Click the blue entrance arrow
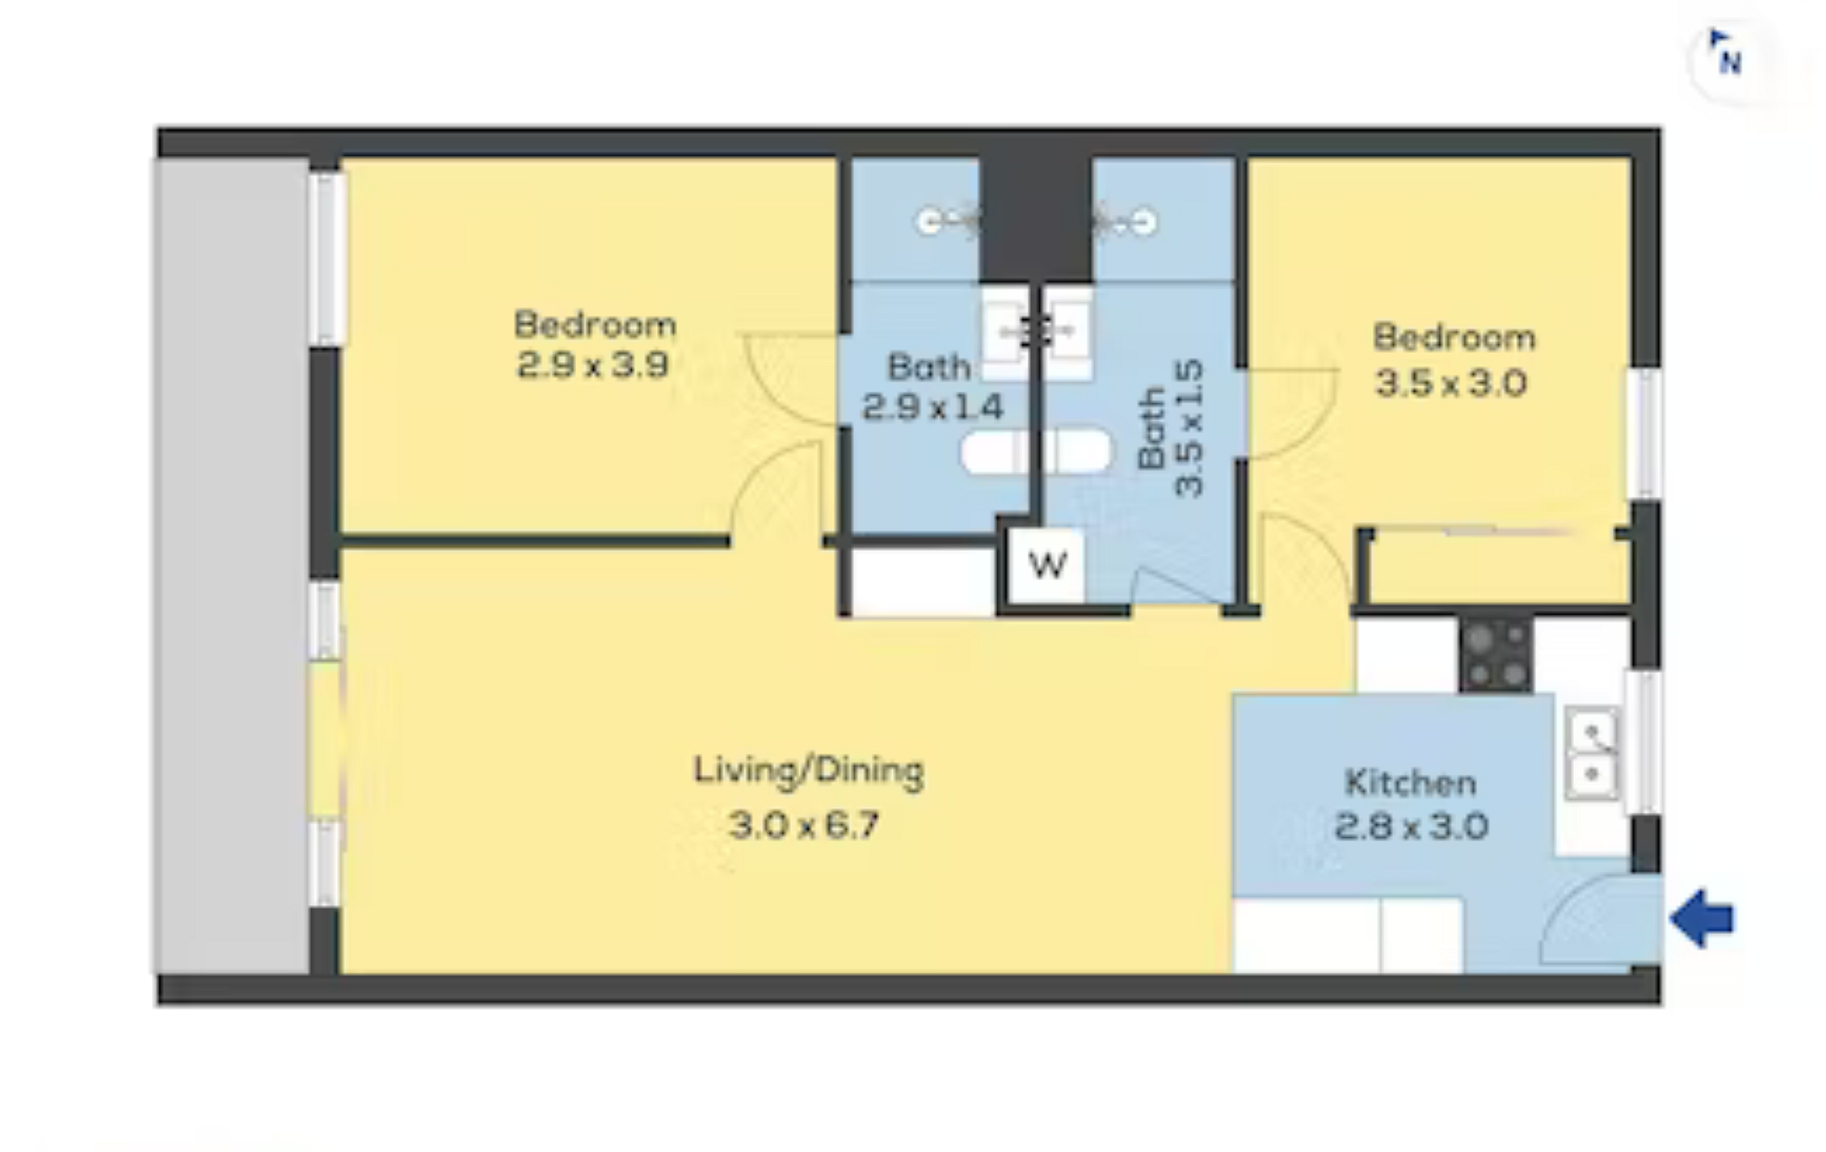pyautogui.click(x=1702, y=919)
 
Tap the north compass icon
pyautogui.click(x=1724, y=56)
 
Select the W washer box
pyautogui.click(x=1047, y=565)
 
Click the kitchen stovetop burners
pyautogui.click(x=1496, y=654)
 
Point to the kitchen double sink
pyautogui.click(x=1592, y=753)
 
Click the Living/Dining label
pyautogui.click(x=808, y=771)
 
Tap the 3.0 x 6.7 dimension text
pyautogui.click(x=803, y=824)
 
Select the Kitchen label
pyautogui.click(x=1410, y=782)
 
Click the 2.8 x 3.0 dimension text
pyautogui.click(x=1410, y=825)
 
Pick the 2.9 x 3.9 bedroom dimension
pyautogui.click(x=592, y=365)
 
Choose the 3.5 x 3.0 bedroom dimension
pyautogui.click(x=1451, y=384)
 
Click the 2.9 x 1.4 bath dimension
pyautogui.click(x=931, y=407)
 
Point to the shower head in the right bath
pyautogui.click(x=1124, y=220)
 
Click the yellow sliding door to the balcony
pyautogui.click(x=324, y=740)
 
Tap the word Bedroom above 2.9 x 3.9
pyautogui.click(x=595, y=324)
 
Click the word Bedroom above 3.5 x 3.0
pyautogui.click(x=1454, y=337)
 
